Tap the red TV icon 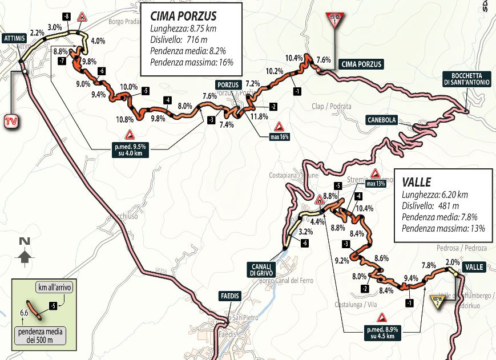10,122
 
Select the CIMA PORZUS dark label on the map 360,64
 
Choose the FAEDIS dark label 230,296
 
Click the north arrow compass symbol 24,252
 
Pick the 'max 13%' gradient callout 377,183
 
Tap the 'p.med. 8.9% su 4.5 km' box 382,332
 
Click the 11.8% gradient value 260,117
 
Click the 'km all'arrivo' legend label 56,286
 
